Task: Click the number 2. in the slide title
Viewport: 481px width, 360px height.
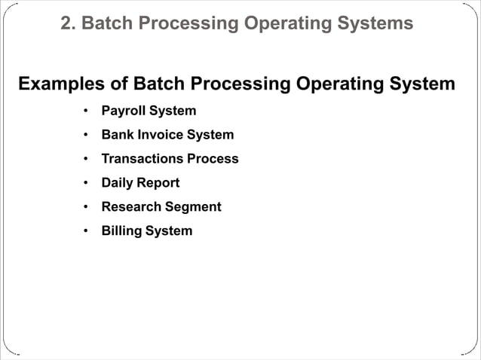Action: click(x=68, y=24)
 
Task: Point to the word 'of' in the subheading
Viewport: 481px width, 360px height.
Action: click(x=118, y=84)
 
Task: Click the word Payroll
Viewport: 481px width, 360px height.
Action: click(x=123, y=111)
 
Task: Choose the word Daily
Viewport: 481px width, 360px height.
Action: click(x=118, y=183)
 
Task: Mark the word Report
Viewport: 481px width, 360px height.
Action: click(x=158, y=183)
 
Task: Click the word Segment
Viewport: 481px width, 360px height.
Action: click(x=195, y=207)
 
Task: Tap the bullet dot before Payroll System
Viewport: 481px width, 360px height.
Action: click(x=86, y=111)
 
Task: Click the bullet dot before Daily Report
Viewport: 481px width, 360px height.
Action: click(x=86, y=183)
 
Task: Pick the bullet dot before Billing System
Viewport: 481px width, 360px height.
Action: click(x=86, y=230)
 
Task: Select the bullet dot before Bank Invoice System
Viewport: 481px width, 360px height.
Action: click(x=86, y=135)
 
